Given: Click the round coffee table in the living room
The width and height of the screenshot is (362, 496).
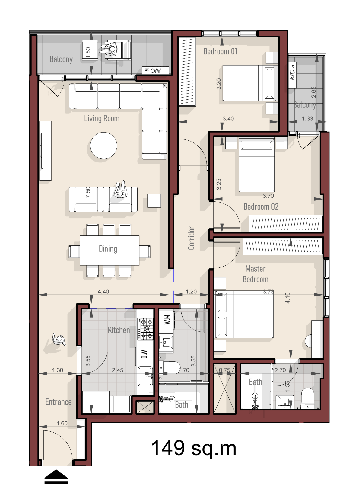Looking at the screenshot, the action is (103, 146).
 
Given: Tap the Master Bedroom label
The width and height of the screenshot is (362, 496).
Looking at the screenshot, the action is (256, 274).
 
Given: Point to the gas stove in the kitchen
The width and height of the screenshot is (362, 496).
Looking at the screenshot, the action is (145, 329).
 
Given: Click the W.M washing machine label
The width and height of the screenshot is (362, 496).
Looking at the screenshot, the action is (167, 319).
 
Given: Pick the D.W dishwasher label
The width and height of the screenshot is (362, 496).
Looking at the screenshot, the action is (144, 354).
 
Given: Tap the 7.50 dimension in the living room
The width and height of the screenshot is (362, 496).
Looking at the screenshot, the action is (88, 192).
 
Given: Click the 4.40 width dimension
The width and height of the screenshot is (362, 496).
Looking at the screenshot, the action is (103, 291).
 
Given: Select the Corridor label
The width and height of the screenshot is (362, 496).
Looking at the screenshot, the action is (191, 238).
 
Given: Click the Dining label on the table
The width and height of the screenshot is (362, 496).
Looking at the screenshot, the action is (108, 249).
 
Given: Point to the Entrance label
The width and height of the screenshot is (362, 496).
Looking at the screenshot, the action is (59, 402).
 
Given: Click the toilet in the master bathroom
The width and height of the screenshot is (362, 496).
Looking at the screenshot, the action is (307, 398).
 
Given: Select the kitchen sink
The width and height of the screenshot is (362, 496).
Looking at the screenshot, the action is (145, 376).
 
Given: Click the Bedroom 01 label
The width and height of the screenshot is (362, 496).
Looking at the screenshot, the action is (220, 51).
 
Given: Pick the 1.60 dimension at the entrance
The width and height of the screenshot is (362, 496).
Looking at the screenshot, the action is (62, 423).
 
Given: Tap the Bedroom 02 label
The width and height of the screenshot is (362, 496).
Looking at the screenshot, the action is (261, 206).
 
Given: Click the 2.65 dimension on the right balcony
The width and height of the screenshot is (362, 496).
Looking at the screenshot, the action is (313, 92).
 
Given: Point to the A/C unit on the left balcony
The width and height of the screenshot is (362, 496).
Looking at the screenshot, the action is (156, 70).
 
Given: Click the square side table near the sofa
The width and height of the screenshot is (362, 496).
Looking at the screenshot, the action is (154, 201).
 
